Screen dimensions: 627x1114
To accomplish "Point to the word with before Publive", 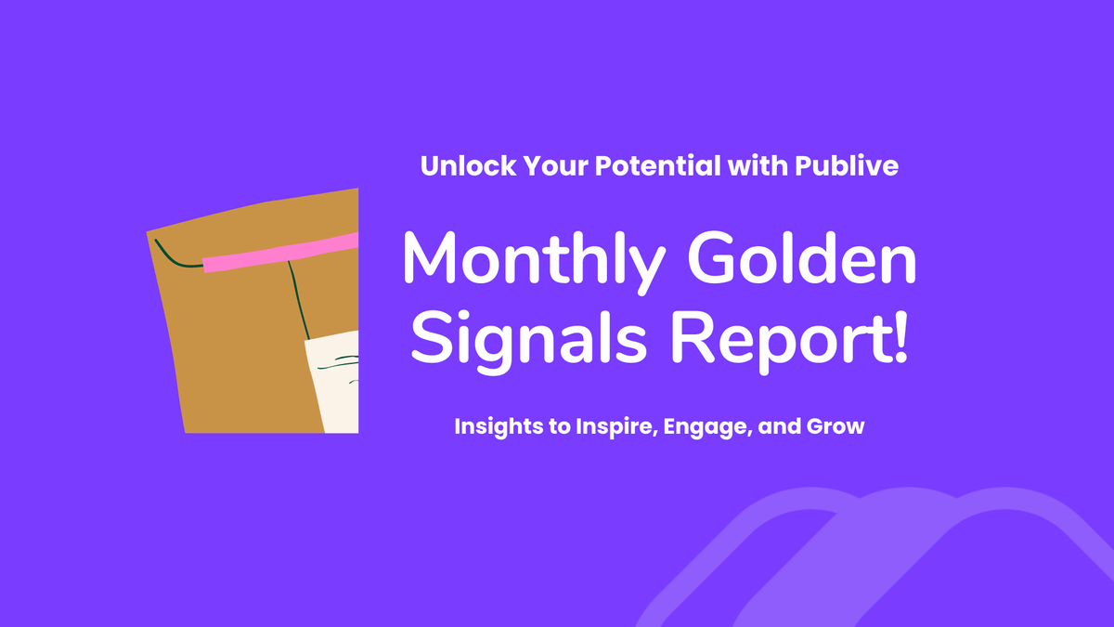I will point(758,166).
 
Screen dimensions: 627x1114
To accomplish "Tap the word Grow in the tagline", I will point(838,427).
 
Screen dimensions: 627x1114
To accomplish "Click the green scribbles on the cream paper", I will point(347,360).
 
